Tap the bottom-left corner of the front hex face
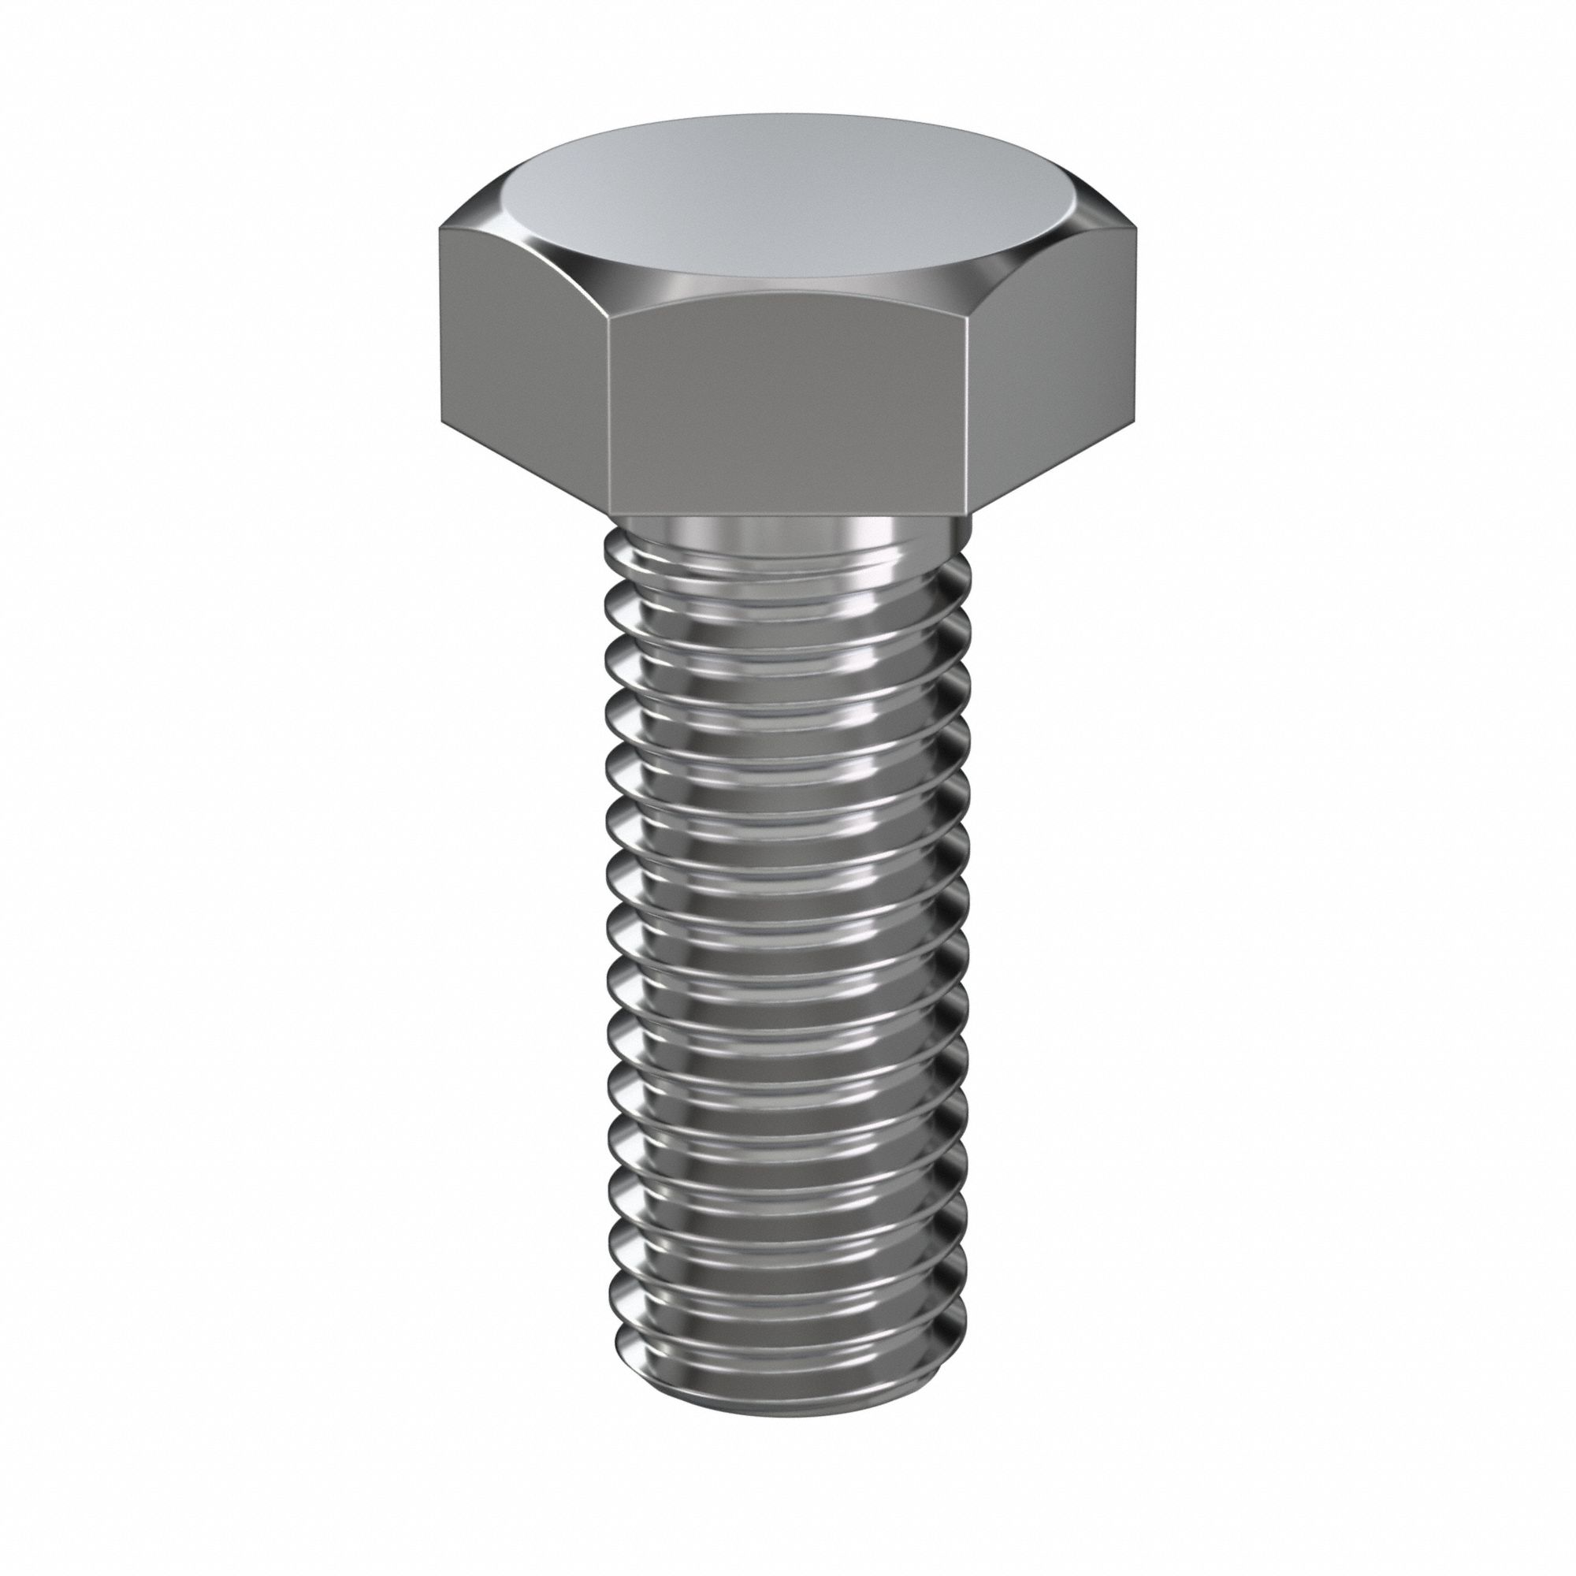point(611,512)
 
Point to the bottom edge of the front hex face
point(787,514)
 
